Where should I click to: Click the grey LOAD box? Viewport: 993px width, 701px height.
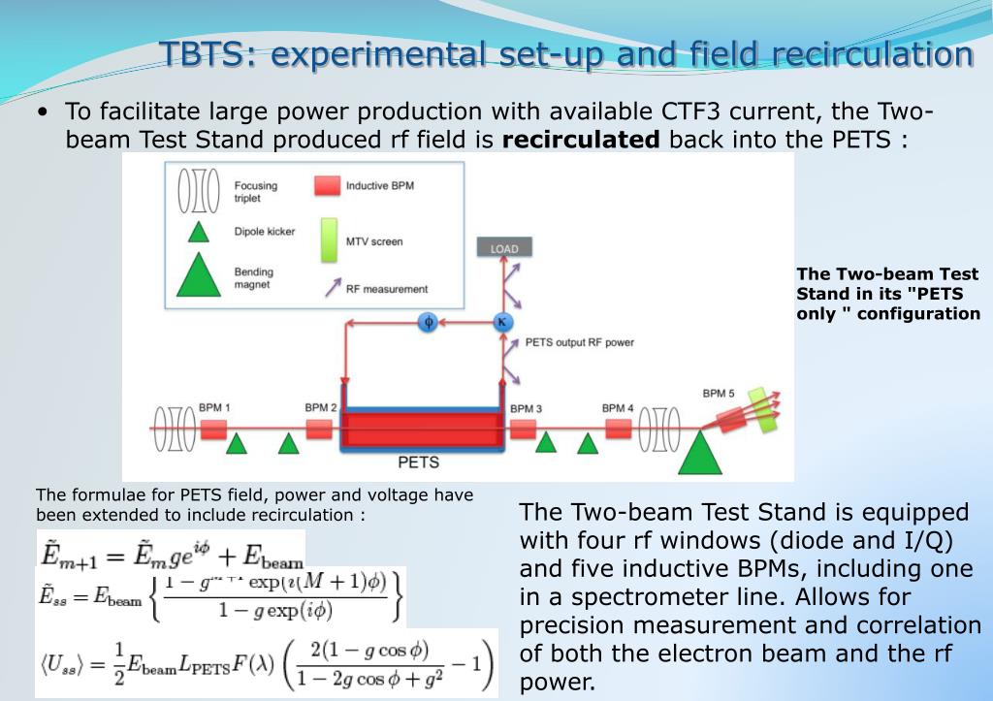tap(504, 248)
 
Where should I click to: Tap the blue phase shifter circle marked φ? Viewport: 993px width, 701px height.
tap(427, 323)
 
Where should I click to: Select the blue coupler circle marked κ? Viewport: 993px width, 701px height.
tap(502, 323)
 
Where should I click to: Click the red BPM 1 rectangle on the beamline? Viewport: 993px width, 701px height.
tap(213, 428)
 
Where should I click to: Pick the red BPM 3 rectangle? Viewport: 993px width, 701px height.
tap(524, 428)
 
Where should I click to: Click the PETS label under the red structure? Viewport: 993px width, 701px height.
tap(419, 462)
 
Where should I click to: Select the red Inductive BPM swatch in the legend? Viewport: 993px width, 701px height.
tap(327, 185)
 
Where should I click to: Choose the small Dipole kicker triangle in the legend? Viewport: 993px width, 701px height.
tap(198, 232)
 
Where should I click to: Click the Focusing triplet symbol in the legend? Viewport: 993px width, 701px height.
tap(198, 191)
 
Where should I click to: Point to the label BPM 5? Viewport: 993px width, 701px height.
tap(719, 393)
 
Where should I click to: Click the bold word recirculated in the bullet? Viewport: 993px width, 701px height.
tap(581, 139)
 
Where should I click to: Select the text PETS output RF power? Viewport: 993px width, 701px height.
tap(579, 342)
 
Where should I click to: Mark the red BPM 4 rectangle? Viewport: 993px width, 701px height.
tap(618, 428)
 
